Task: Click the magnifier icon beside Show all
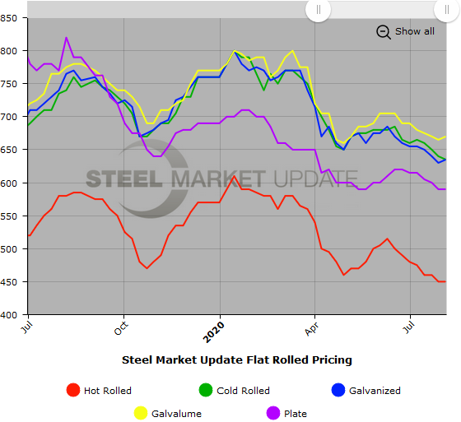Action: (384, 31)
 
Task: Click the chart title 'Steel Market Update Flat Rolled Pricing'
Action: (237, 359)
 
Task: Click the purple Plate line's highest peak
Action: (66, 38)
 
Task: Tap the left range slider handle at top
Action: (319, 9)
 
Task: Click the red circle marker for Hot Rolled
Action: (73, 391)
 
